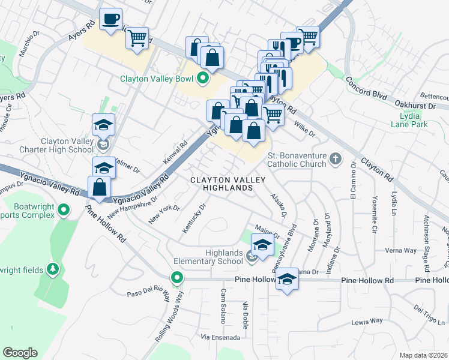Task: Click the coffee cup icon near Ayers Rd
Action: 110,19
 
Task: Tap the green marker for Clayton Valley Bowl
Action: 202,77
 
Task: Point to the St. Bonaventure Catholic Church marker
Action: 336,158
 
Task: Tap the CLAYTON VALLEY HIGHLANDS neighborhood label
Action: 221,184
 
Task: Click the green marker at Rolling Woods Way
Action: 176,278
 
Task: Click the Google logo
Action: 19,353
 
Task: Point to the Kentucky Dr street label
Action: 194,218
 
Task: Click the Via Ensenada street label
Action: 220,337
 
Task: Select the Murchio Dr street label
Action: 29,44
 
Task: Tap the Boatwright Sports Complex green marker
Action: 65,210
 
